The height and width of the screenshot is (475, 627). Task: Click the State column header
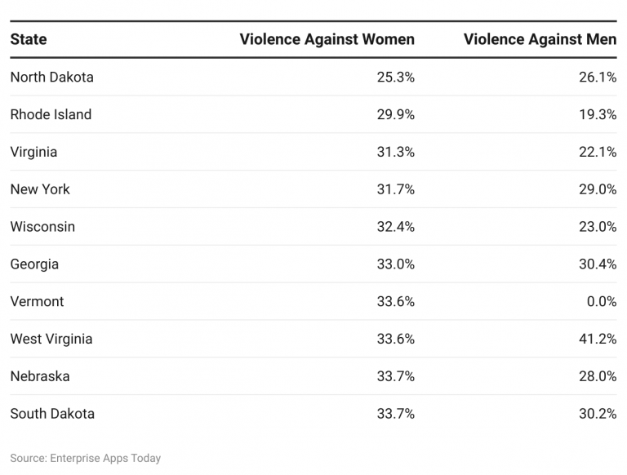point(29,39)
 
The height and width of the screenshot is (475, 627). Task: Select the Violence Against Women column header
point(327,39)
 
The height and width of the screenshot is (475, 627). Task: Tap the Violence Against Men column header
point(540,39)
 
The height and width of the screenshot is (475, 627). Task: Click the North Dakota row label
point(51,78)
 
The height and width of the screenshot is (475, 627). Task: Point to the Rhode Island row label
point(51,115)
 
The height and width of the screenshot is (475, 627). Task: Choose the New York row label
point(40,189)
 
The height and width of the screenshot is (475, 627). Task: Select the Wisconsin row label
point(42,227)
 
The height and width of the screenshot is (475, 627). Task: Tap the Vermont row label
point(37,302)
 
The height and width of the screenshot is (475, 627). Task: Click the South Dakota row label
point(52,414)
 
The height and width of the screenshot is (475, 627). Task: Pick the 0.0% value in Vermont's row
point(601,302)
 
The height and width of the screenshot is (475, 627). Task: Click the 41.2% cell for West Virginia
point(598,340)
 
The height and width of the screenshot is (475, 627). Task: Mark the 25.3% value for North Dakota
point(396,78)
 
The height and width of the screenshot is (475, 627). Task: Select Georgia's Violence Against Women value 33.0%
point(396,264)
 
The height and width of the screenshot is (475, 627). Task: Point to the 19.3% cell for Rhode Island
point(598,115)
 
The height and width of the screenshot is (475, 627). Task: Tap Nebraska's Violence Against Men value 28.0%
point(598,376)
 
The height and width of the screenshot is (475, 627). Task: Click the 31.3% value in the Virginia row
point(396,153)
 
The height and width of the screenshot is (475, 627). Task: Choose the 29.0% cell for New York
point(598,189)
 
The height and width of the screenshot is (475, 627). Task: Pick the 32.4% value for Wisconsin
point(396,227)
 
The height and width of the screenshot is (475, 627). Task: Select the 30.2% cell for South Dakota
point(598,414)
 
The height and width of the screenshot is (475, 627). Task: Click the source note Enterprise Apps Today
point(86,458)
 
